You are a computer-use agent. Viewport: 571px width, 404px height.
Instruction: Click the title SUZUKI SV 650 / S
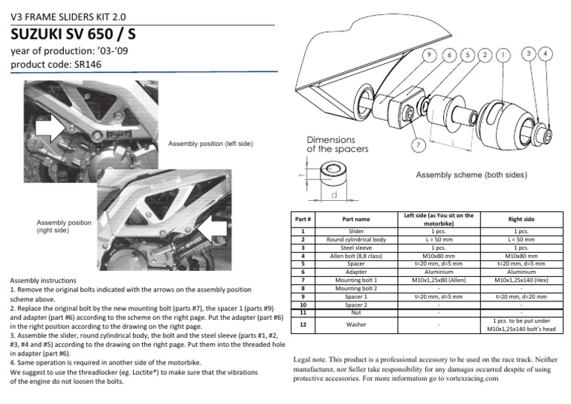pos(73,35)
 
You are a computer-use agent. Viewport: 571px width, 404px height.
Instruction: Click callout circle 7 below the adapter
pos(419,144)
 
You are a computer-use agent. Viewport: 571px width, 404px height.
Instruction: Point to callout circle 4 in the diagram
pos(545,54)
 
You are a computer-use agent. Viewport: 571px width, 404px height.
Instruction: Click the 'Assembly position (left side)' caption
pos(210,143)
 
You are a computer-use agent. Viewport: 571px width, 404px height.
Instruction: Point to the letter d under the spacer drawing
pos(335,194)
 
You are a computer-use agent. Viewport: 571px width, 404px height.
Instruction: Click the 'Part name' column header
pos(356,219)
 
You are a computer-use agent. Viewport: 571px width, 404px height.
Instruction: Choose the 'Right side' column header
pos(520,219)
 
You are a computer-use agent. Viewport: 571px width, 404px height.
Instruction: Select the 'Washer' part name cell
pos(356,324)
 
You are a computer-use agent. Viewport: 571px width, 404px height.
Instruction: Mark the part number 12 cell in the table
pos(303,324)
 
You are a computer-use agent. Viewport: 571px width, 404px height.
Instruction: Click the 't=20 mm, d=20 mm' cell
pos(520,296)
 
